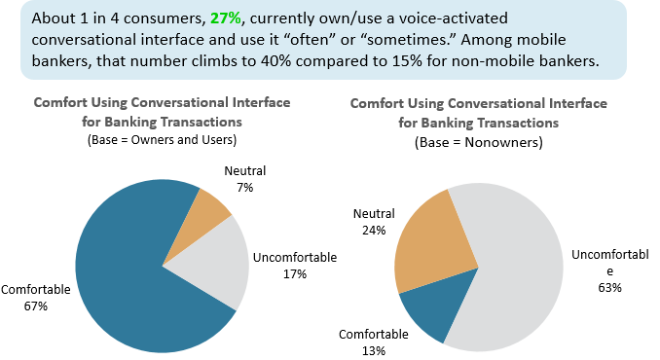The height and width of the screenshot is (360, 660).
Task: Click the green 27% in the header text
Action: click(226, 19)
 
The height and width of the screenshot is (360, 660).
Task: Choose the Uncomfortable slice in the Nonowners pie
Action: click(526, 272)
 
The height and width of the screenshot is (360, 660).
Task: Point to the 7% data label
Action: click(238, 185)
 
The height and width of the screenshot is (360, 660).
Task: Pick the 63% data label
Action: click(611, 287)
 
